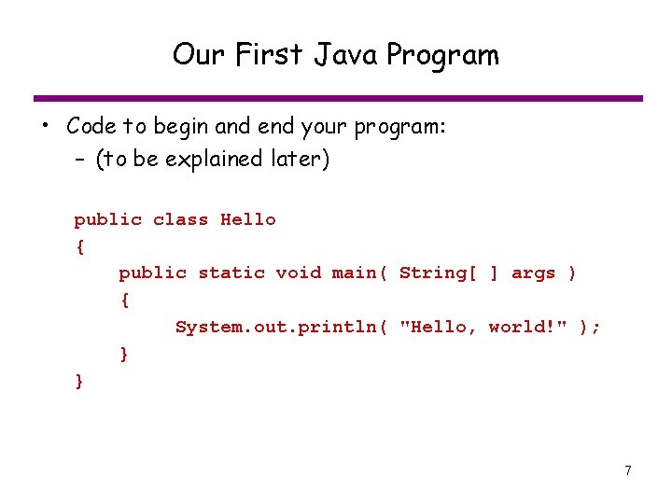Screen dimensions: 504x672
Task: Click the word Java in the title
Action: [x=346, y=55]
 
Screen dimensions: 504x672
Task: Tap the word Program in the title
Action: [x=442, y=56]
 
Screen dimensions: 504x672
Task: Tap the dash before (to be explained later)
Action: [x=80, y=160]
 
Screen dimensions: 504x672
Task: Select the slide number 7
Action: [x=628, y=470]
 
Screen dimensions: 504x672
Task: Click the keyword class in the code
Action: [x=180, y=220]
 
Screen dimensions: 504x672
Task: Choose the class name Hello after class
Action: [x=248, y=220]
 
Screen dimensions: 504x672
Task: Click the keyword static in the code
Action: [x=231, y=273]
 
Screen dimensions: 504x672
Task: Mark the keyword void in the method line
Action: [x=299, y=273]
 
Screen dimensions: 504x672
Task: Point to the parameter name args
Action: [x=534, y=273]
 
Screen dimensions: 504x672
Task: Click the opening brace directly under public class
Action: [x=79, y=247]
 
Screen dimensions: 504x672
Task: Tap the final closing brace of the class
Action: [x=79, y=380]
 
